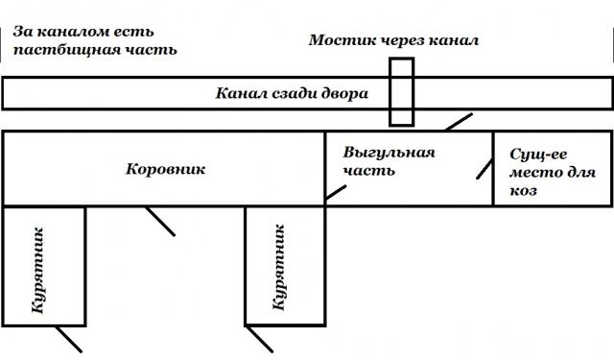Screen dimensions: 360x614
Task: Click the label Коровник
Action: click(166, 169)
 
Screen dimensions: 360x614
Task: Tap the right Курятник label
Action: click(279, 268)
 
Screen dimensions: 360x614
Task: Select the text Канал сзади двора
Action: click(291, 94)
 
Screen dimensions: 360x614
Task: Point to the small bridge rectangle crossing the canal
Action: click(401, 92)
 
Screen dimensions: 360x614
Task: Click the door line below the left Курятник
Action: click(66, 338)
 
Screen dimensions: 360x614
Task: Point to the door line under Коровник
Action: click(158, 220)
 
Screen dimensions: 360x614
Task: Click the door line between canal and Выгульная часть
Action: click(457, 123)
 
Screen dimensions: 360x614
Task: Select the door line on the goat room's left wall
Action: click(485, 169)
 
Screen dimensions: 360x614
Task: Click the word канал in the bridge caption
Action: click(455, 40)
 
